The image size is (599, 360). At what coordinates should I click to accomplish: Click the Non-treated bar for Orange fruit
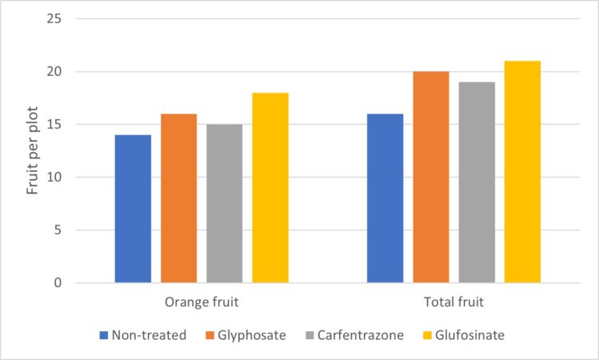click(x=133, y=209)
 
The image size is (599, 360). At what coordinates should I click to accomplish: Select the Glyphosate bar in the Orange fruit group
click(x=178, y=198)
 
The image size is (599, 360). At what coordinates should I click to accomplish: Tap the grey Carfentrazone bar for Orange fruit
click(x=224, y=203)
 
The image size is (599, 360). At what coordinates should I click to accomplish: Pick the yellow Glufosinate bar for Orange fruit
click(x=270, y=188)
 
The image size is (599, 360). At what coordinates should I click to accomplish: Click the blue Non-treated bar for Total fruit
click(x=385, y=198)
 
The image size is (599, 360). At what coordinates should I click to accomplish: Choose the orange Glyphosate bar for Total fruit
click(x=431, y=177)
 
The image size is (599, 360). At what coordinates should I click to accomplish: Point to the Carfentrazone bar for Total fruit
click(x=477, y=182)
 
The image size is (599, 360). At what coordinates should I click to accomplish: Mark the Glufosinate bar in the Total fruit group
click(x=522, y=172)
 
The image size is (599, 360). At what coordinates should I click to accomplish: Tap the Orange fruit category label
click(x=202, y=303)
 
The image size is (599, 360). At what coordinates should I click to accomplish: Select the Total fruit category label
click(x=454, y=303)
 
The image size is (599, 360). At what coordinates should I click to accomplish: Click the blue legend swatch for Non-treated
click(x=104, y=335)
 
